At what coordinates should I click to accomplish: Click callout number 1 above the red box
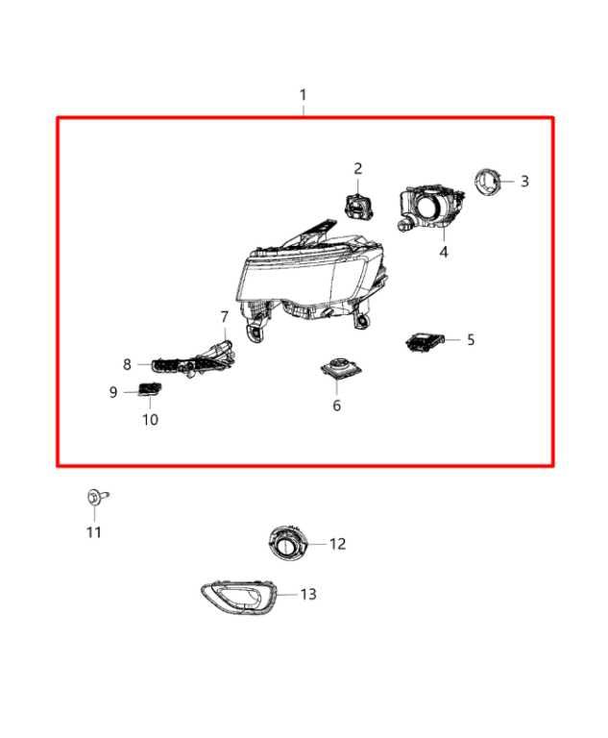pos(304,95)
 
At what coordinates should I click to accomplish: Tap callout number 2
pos(357,169)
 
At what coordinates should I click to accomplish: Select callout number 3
pos(524,181)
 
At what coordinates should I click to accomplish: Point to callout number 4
pos(444,252)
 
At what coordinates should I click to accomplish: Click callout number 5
pos(471,339)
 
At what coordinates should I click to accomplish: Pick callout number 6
pos(337,406)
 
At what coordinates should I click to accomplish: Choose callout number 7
pos(225,316)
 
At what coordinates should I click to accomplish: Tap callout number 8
pos(127,364)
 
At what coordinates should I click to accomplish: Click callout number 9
pos(113,392)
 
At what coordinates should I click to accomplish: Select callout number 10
pos(151,420)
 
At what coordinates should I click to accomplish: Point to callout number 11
pos(94,532)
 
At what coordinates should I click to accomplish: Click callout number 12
pos(337,544)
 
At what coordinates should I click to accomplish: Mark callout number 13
pos(307,595)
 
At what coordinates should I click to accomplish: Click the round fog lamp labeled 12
pos(287,544)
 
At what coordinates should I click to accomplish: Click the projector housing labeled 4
pos(430,208)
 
